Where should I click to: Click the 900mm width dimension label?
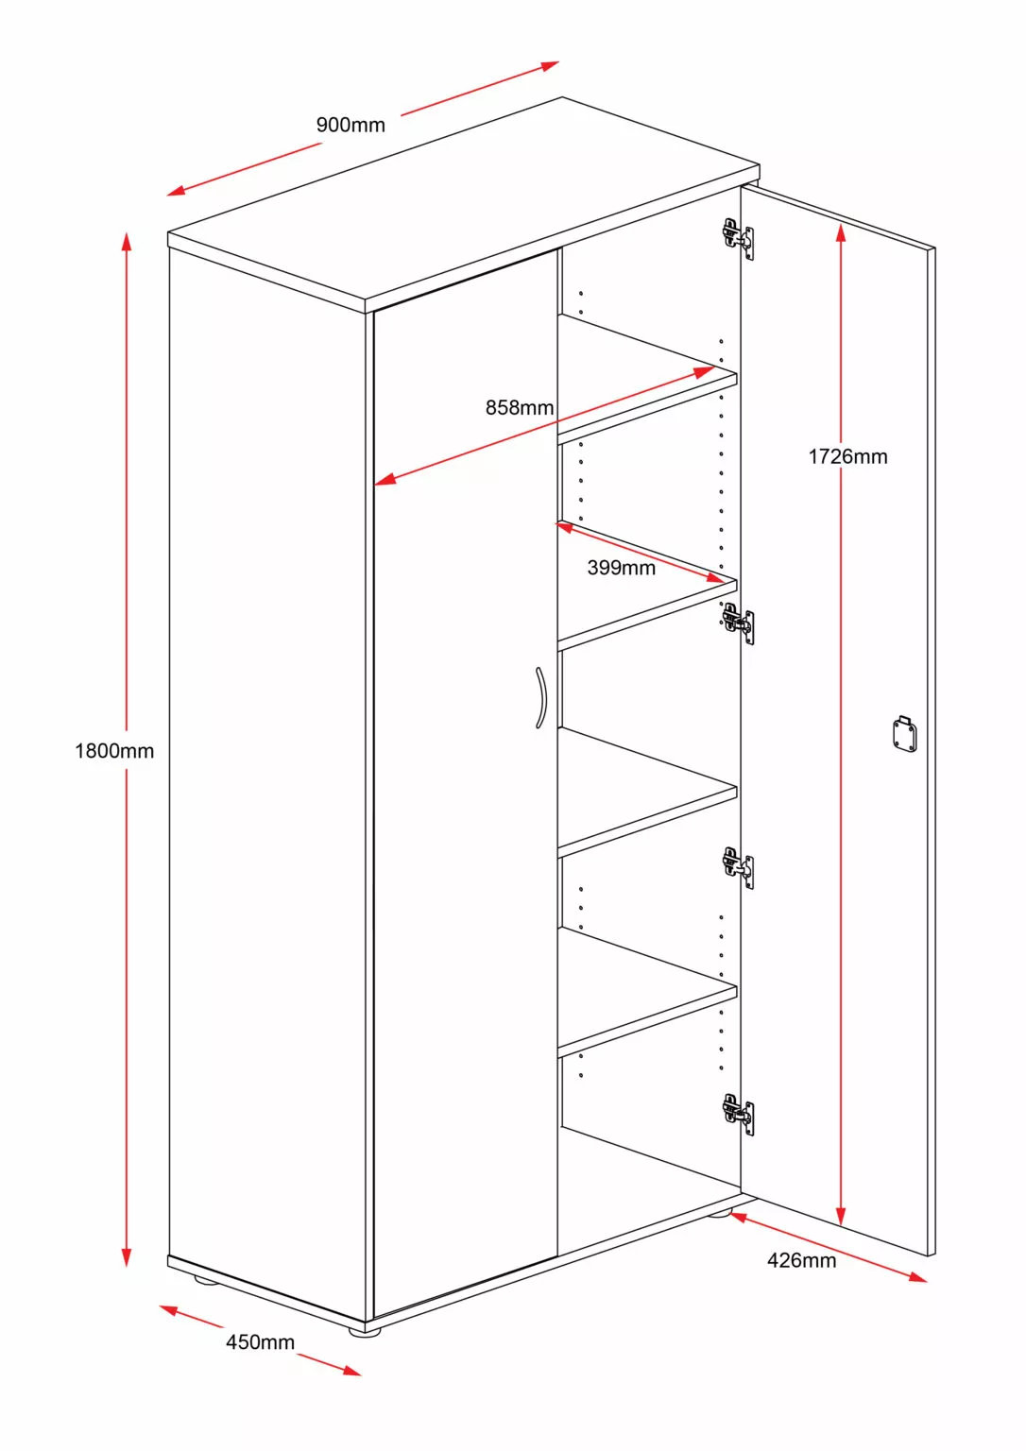tap(351, 125)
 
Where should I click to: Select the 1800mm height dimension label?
tap(114, 751)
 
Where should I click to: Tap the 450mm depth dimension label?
tap(260, 1342)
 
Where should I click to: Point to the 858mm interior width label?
tap(520, 408)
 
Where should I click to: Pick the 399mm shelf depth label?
tap(621, 568)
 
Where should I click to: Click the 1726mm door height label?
tap(847, 457)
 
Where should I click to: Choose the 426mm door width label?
tap(801, 1260)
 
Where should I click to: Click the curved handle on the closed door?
tap(540, 698)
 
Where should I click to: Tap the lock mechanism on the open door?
tap(904, 734)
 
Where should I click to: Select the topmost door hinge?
tap(737, 236)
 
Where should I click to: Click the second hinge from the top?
tap(737, 623)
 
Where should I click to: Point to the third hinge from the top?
tap(737, 866)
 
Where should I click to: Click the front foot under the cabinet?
tap(364, 1331)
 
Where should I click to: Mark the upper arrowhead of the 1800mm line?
tap(126, 240)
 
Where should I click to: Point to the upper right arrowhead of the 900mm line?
tap(551, 65)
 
